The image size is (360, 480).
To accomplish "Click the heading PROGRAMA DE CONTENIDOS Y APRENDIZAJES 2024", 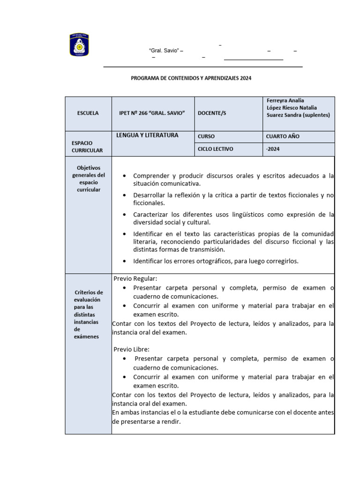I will [x=191, y=78].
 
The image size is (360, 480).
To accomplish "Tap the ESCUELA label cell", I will [x=88, y=113].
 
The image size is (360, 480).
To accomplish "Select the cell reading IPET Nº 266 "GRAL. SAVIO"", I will [x=152, y=113].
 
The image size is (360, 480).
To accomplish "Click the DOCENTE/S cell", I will [x=212, y=113].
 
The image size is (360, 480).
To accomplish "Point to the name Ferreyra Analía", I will [x=285, y=100].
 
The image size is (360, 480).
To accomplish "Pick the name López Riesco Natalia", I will [x=292, y=108].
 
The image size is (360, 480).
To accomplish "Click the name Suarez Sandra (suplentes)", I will [x=298, y=115].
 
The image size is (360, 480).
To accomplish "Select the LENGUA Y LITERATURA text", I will [x=148, y=135].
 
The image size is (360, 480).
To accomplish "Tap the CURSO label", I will [x=206, y=136].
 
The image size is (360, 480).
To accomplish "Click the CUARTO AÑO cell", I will [x=283, y=136].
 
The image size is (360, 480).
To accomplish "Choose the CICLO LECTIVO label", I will [x=215, y=149].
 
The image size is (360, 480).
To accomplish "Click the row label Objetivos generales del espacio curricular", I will [x=88, y=179].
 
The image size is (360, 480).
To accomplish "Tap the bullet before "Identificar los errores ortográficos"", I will [x=124, y=261].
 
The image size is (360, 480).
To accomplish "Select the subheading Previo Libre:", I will [x=131, y=349].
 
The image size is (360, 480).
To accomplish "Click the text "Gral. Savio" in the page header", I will [x=164, y=51].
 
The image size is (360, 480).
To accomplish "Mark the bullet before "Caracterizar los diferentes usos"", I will [x=124, y=214].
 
